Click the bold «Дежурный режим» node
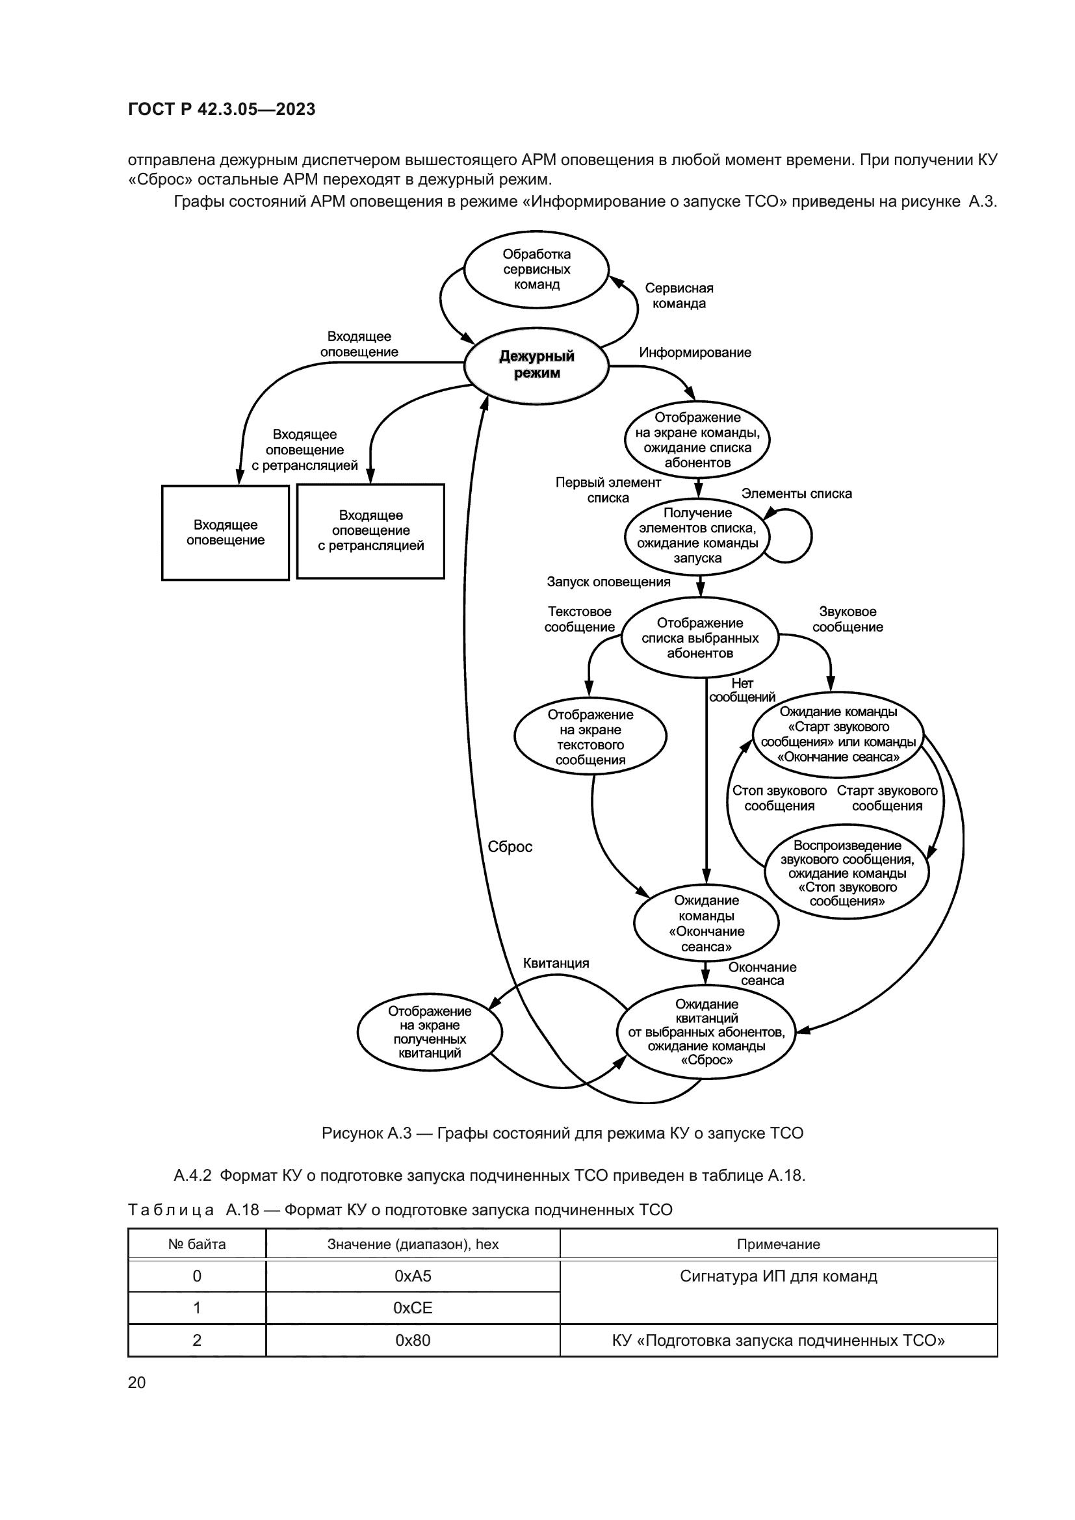point(536,365)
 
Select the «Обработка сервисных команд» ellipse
point(536,270)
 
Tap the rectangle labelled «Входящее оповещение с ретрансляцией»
point(370,531)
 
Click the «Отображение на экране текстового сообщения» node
point(590,737)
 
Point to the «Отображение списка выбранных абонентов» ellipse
point(700,638)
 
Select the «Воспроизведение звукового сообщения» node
point(847,872)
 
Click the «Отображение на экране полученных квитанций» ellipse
point(430,1032)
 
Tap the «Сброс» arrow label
point(510,847)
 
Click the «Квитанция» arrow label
point(556,963)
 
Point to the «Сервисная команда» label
point(679,296)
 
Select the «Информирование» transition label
point(695,352)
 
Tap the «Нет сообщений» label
point(742,690)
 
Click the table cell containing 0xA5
point(413,1276)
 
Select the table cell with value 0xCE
point(413,1308)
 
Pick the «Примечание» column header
point(779,1244)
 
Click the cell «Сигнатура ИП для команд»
point(779,1276)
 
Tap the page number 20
point(136,1382)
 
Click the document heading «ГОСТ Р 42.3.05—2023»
point(222,109)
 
